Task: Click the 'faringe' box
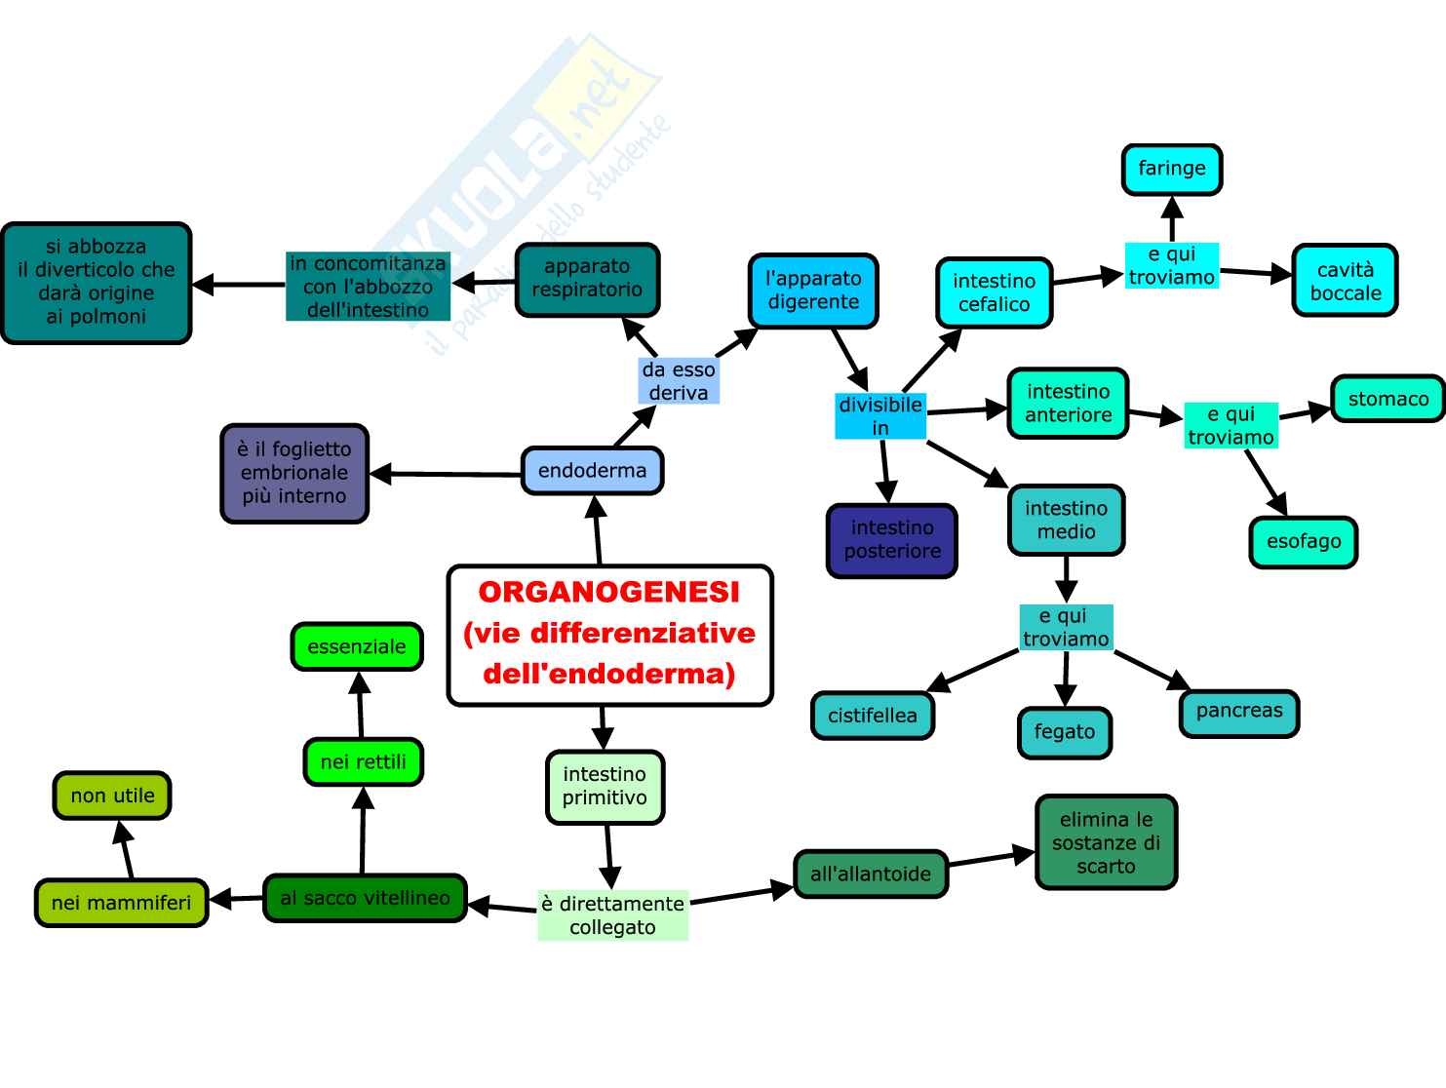1171,170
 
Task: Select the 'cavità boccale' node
1345,282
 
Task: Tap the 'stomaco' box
1387,399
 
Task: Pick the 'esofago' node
1303,542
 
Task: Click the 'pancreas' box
1238,711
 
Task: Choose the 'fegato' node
1064,732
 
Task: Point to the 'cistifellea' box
872,716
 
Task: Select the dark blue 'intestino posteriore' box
891,540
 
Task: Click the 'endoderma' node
592,471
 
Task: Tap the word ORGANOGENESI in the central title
609,592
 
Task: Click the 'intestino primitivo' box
605,787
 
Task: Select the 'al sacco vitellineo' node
365,898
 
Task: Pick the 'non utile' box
112,796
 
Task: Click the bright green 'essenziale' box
356,646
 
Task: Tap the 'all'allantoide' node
871,874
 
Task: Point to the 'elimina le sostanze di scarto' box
1106,843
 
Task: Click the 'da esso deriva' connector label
679,381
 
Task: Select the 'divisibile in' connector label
880,416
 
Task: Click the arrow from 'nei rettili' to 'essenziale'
360,704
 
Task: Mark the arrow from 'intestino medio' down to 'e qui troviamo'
1067,579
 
